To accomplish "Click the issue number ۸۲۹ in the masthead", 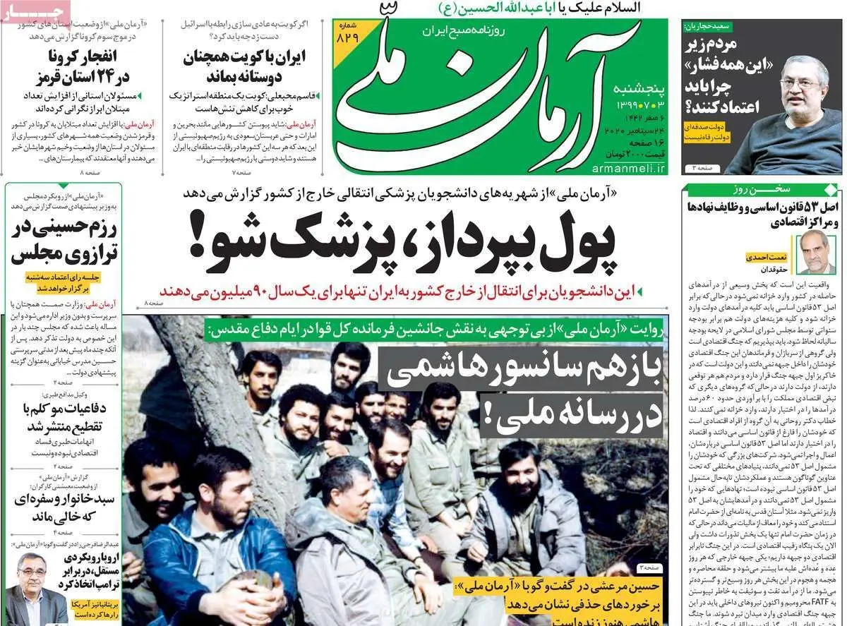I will (347, 37).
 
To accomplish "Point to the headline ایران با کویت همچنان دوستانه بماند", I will (234, 67).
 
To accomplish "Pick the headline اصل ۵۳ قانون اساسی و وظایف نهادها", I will (762, 213).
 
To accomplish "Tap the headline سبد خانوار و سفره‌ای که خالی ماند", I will (62, 509).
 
